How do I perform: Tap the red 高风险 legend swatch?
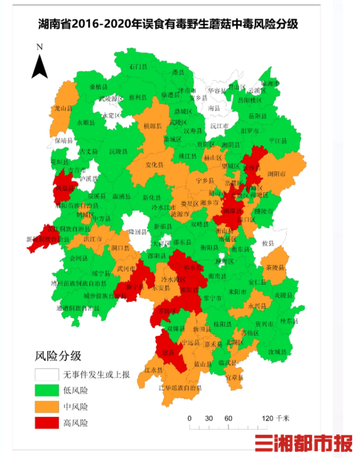(x=49, y=422)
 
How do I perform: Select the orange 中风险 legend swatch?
(x=49, y=406)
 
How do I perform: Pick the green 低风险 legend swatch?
(x=49, y=390)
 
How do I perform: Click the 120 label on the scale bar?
(x=267, y=418)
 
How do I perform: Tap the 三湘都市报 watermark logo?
(x=303, y=444)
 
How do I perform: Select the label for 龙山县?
(x=62, y=107)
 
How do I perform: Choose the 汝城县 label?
(x=277, y=351)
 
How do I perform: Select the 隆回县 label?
(x=138, y=231)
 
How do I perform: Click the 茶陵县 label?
(x=275, y=268)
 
